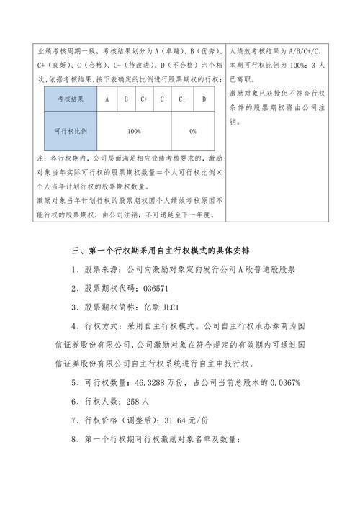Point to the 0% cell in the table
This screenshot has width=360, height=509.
pyautogui.click(x=193, y=131)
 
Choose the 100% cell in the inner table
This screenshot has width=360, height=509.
pyautogui.click(x=134, y=131)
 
